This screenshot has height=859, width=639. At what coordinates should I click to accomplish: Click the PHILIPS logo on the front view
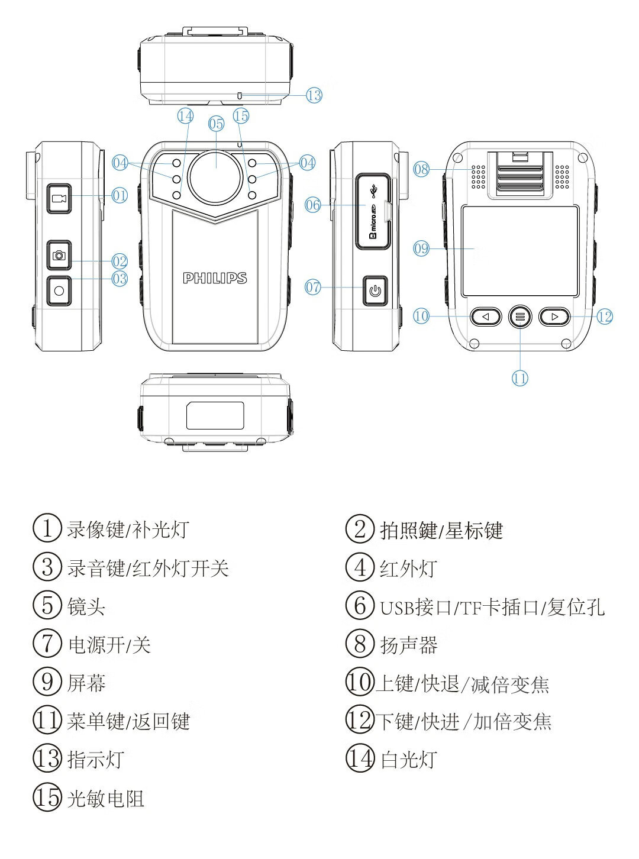pyautogui.click(x=215, y=278)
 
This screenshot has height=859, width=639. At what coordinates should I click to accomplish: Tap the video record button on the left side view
pyautogui.click(x=59, y=198)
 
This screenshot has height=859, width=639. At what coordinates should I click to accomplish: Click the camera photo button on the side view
pyautogui.click(x=59, y=256)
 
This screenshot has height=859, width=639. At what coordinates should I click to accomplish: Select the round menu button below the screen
pyautogui.click(x=520, y=317)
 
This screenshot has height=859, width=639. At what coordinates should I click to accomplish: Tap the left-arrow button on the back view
pyautogui.click(x=486, y=317)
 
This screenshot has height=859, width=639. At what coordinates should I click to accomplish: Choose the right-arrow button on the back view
pyautogui.click(x=554, y=317)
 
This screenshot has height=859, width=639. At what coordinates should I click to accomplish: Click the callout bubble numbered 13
pyautogui.click(x=314, y=95)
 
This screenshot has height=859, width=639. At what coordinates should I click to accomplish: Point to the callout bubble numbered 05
pyautogui.click(x=216, y=124)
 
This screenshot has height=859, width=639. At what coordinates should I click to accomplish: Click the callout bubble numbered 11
pyautogui.click(x=520, y=378)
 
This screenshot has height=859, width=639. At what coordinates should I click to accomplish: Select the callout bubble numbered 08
pyautogui.click(x=421, y=169)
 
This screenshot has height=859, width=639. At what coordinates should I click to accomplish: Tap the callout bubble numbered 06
pyautogui.click(x=313, y=205)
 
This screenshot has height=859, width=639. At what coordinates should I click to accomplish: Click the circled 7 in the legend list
pyautogui.click(x=47, y=644)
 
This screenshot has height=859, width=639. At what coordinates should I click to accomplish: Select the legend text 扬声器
pyautogui.click(x=409, y=645)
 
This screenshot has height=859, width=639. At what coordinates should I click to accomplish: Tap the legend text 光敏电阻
pyautogui.click(x=105, y=798)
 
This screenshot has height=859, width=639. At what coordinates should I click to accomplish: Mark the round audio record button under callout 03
pyautogui.click(x=59, y=291)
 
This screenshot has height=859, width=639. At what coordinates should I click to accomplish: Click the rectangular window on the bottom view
pyautogui.click(x=215, y=415)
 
